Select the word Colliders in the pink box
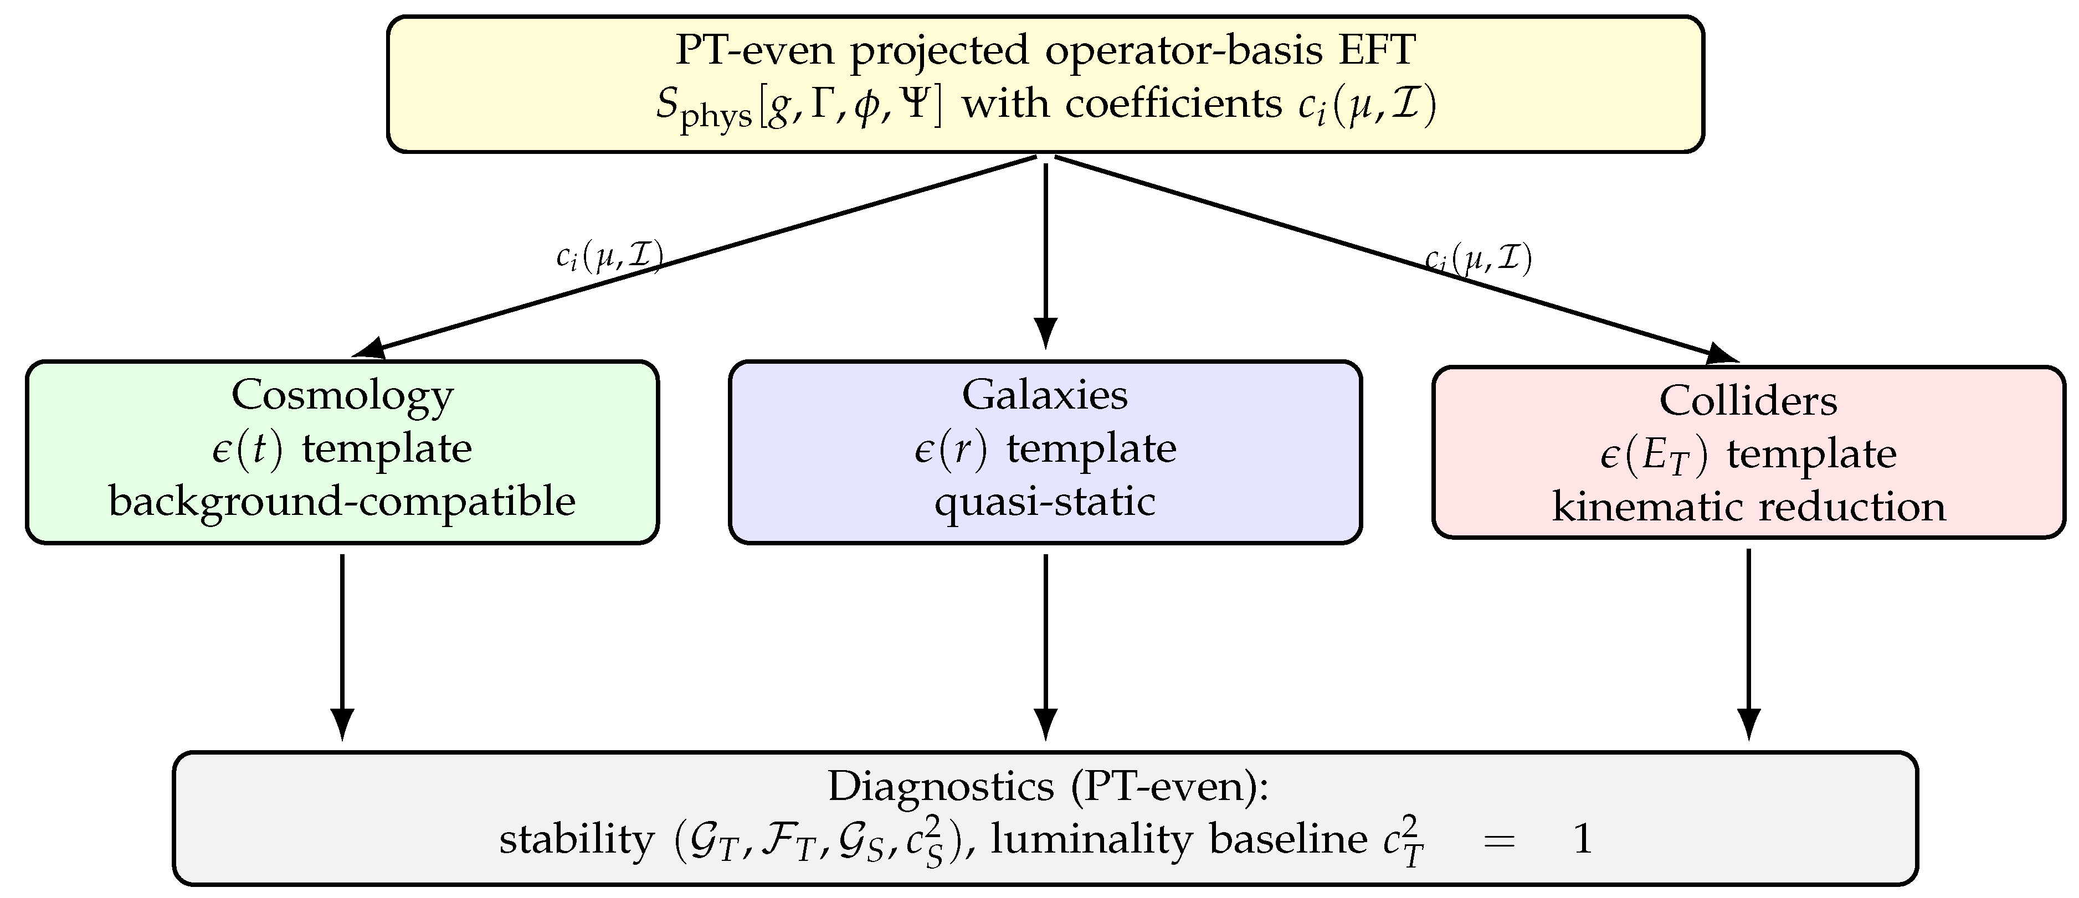click(x=1748, y=401)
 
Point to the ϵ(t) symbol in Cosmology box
click(x=248, y=448)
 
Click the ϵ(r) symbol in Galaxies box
click(x=951, y=448)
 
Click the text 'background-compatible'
click(x=342, y=502)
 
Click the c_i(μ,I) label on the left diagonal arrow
click(x=609, y=257)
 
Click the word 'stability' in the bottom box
click(x=576, y=840)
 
